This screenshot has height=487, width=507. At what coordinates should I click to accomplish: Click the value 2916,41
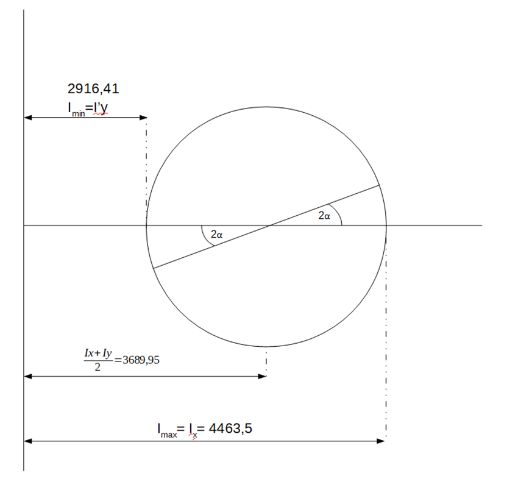tap(93, 89)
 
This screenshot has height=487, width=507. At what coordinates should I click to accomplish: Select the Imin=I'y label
tap(88, 108)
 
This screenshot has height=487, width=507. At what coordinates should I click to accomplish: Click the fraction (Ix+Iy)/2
tap(98, 360)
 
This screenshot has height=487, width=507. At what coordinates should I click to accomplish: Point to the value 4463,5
tap(230, 428)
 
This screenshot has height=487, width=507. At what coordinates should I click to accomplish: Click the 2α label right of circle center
tap(324, 216)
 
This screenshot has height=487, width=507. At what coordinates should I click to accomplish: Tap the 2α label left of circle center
tap(216, 234)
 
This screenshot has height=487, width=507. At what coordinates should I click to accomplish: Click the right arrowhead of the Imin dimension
tap(143, 118)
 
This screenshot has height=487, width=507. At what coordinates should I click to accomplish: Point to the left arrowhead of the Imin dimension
tap(28, 118)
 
